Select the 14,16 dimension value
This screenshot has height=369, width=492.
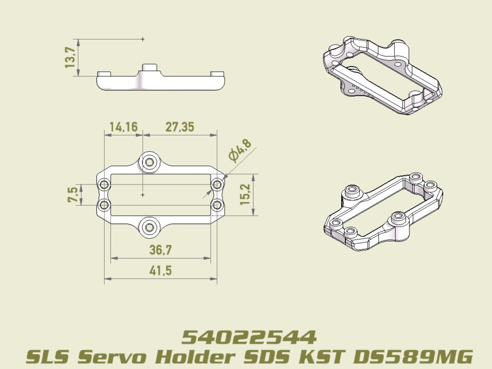[x=123, y=127]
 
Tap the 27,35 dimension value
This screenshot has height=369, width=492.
[x=179, y=127]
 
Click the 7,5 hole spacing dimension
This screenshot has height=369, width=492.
[x=73, y=194]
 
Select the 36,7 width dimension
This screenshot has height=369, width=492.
[x=160, y=250]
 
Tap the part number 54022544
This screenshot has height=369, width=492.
[x=249, y=337]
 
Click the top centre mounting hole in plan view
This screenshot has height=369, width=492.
[x=150, y=162]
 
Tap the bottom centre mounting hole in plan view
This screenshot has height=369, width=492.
[x=150, y=227]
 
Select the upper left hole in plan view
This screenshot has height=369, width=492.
[x=105, y=184]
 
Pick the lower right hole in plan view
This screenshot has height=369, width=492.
[x=217, y=206]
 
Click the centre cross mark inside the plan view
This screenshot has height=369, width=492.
[x=142, y=195]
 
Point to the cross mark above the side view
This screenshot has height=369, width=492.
[x=142, y=39]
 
